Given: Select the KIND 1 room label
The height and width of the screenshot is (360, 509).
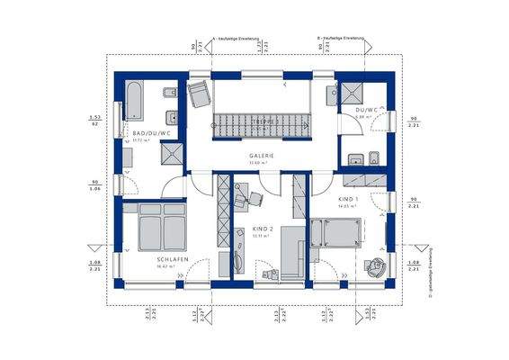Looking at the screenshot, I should (350, 197).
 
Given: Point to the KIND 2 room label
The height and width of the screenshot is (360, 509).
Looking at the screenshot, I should (263, 229).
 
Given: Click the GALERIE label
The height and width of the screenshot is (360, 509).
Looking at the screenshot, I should (263, 155).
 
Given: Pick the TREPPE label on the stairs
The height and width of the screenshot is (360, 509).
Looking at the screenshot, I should (263, 121).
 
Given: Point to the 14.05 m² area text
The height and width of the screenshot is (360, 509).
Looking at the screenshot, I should (350, 206).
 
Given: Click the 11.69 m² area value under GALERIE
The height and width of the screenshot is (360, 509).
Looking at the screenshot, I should (263, 163).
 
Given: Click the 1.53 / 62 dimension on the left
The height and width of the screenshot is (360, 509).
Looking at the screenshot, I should (94, 121).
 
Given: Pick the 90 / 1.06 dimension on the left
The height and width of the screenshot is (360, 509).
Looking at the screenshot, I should (94, 187).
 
